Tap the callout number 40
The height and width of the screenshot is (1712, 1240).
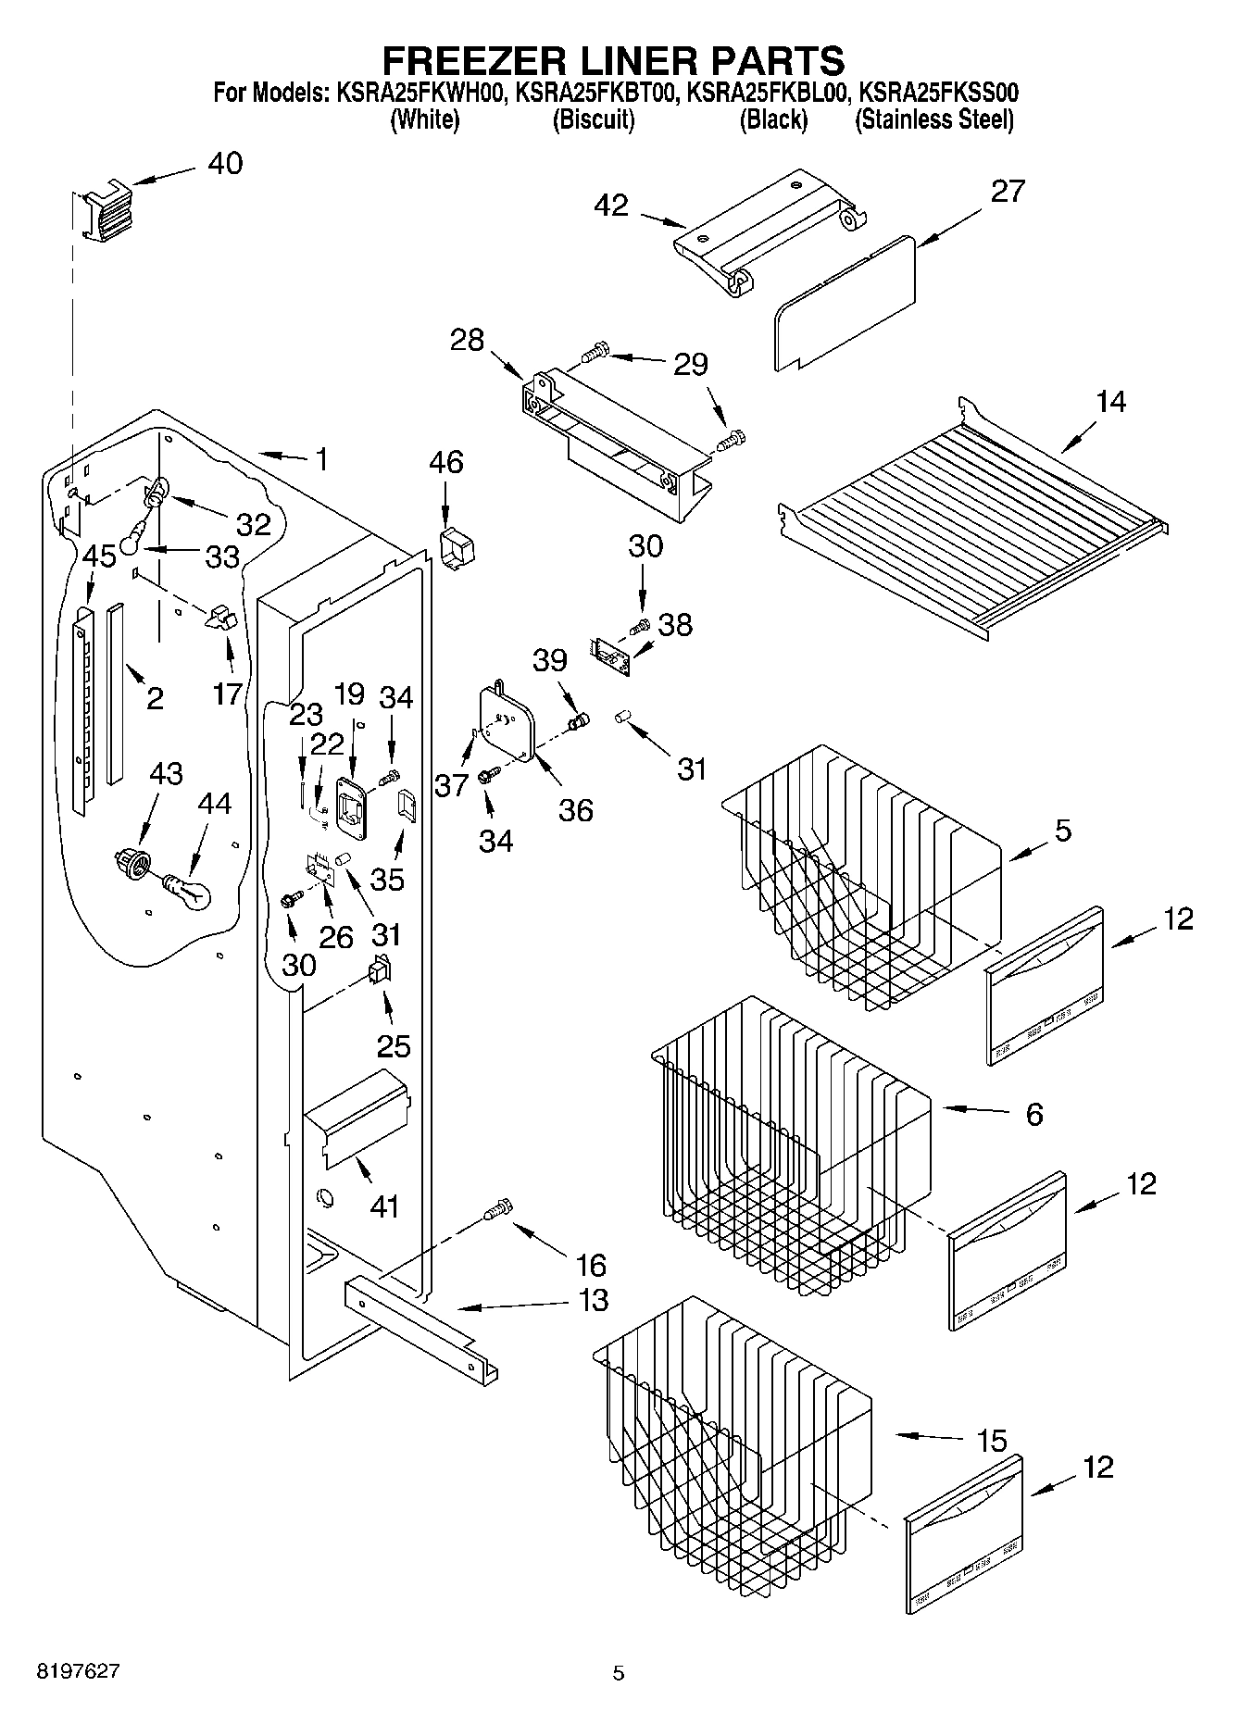tap(225, 163)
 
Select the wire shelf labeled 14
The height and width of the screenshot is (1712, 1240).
tap(972, 519)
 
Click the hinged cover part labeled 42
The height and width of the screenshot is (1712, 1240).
tap(769, 231)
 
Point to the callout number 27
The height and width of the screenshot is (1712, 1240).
tap(1008, 191)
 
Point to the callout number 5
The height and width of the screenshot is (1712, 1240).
tap(1062, 830)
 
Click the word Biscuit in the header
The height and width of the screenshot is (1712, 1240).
tap(593, 119)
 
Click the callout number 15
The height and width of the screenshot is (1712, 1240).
tap(991, 1441)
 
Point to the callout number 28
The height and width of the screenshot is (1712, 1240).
tap(468, 340)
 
